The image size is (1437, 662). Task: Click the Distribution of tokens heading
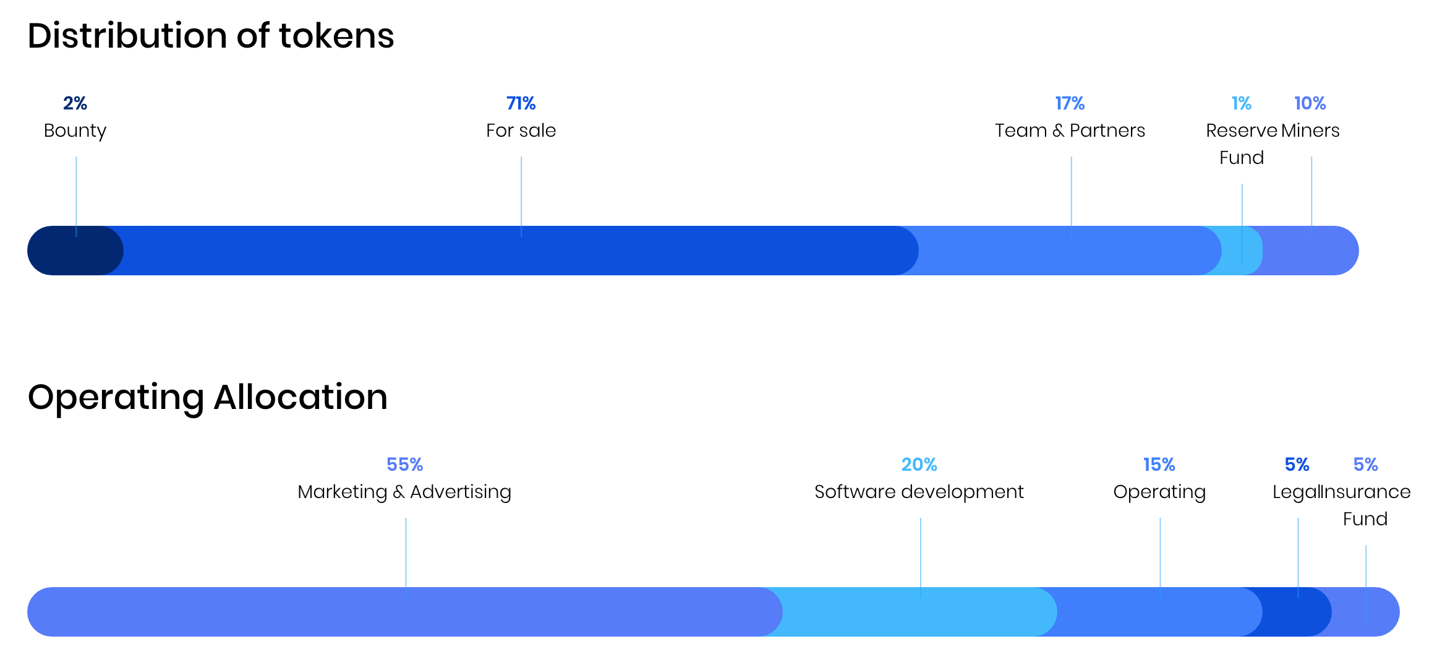(210, 36)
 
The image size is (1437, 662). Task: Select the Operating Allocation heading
(208, 397)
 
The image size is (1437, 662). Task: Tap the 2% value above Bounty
(75, 103)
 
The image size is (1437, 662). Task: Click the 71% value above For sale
(521, 103)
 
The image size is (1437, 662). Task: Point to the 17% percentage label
(1070, 103)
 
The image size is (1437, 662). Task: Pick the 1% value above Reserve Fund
(1241, 103)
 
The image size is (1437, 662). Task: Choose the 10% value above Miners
(1310, 103)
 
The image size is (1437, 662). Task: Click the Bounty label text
(75, 131)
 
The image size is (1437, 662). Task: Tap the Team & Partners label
(1070, 131)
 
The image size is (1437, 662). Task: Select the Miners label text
(1310, 131)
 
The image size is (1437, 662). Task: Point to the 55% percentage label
(404, 465)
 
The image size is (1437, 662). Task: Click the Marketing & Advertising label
(404, 492)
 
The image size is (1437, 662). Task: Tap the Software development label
(919, 492)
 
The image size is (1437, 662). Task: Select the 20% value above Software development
(919, 465)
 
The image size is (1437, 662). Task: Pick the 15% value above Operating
(1159, 465)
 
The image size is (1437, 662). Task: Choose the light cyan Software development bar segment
(915, 612)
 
